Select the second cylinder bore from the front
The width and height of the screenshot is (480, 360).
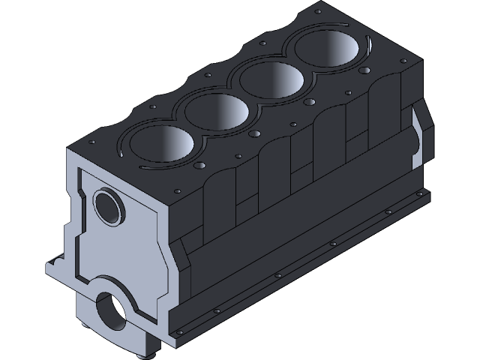tap(217, 112)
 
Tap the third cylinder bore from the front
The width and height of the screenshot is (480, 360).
tap(272, 80)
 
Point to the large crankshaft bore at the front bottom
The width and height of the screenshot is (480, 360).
tap(112, 309)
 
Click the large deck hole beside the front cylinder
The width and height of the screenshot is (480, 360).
tap(199, 165)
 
